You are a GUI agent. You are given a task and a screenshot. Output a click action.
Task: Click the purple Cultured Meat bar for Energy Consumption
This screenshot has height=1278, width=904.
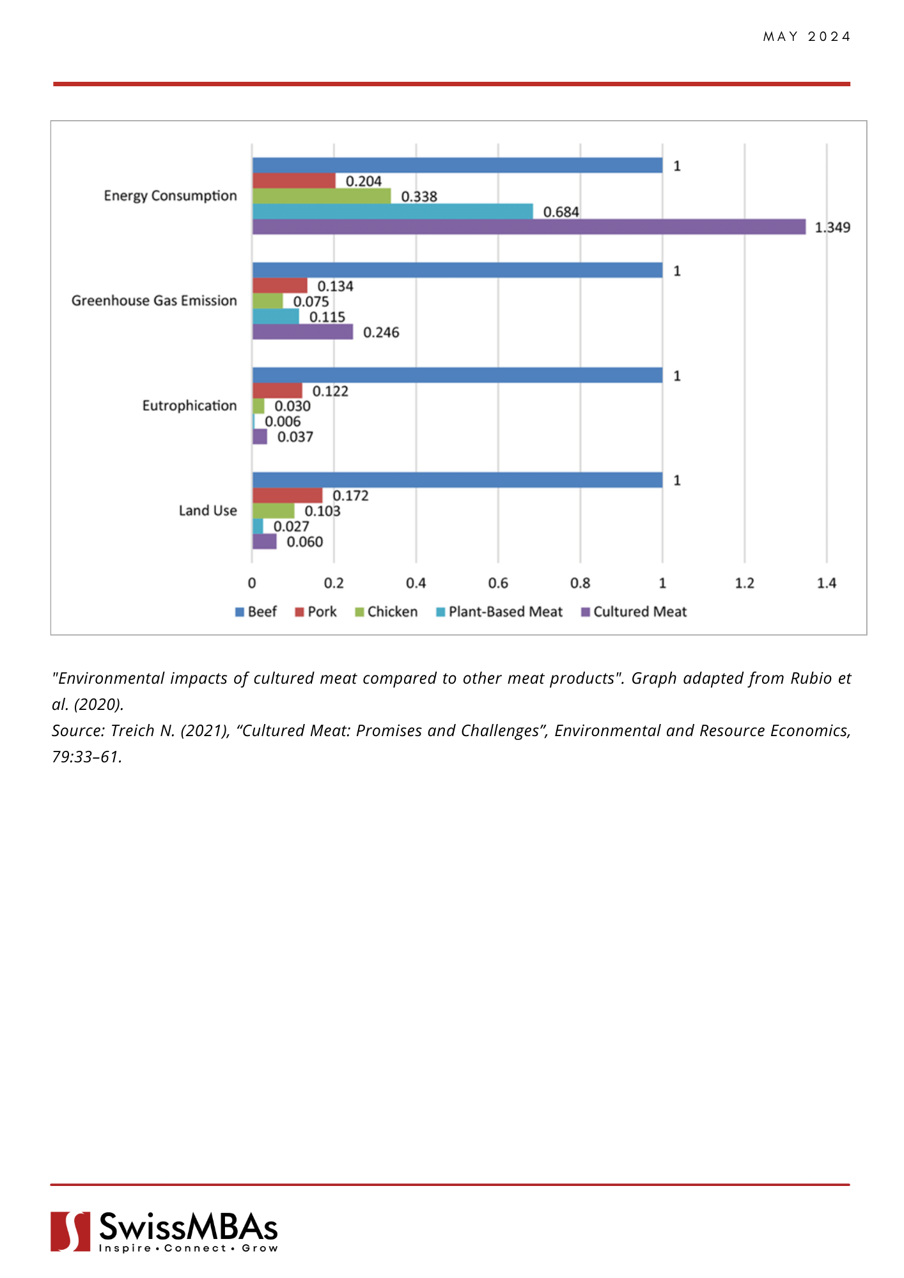(529, 227)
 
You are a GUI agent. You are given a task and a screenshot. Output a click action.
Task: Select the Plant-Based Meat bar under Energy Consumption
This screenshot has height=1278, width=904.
(393, 212)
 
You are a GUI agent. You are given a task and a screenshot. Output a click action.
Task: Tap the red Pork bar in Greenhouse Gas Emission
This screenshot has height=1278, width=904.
(280, 286)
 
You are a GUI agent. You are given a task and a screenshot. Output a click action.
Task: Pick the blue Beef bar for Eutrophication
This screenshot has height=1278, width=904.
(457, 375)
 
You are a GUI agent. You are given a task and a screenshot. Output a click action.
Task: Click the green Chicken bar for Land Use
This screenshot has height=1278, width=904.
(274, 511)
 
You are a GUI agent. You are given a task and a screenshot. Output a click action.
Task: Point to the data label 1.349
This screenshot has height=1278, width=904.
(832, 227)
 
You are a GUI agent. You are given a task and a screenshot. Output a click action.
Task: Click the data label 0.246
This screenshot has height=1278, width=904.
(381, 332)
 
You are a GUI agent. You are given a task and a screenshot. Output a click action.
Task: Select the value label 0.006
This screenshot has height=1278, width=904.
(283, 422)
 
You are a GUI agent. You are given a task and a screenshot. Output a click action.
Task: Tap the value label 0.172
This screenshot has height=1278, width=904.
(350, 496)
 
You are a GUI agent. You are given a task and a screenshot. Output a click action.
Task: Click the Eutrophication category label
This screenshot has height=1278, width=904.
(189, 406)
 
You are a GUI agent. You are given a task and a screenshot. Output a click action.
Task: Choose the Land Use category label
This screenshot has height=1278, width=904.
(208, 511)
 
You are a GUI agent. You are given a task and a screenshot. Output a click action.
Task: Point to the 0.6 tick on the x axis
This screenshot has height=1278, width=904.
(498, 583)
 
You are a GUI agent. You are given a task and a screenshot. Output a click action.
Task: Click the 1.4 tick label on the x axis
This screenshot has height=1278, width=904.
(827, 583)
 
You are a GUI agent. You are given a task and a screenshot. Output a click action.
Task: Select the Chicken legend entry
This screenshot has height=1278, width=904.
(386, 612)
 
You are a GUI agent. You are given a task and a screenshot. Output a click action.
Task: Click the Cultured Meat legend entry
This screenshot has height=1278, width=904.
(634, 612)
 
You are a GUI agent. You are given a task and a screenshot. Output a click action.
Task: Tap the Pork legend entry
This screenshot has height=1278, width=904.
(316, 612)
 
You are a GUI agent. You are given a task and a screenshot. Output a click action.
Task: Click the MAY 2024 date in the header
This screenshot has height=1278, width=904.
(807, 37)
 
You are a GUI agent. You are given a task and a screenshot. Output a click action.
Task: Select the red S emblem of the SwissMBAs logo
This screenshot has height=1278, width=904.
(70, 1231)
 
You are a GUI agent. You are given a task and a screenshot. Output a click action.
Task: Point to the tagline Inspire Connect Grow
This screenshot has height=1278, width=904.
(189, 1248)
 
